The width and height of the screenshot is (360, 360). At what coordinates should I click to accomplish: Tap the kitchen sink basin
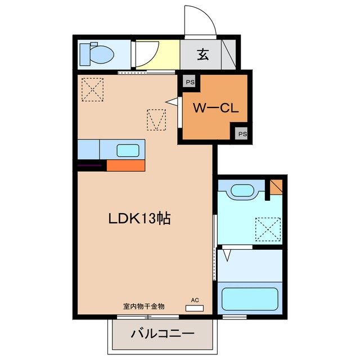(128, 151)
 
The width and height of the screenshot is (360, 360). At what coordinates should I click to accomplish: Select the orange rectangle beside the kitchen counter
(126, 166)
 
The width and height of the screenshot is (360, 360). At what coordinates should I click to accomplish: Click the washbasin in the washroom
(242, 190)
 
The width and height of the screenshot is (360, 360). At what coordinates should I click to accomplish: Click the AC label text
(195, 300)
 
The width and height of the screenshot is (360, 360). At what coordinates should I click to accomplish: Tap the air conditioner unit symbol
(195, 308)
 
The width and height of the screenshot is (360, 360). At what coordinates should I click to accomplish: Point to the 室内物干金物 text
(144, 307)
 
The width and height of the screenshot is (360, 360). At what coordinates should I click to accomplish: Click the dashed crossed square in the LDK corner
(92, 89)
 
